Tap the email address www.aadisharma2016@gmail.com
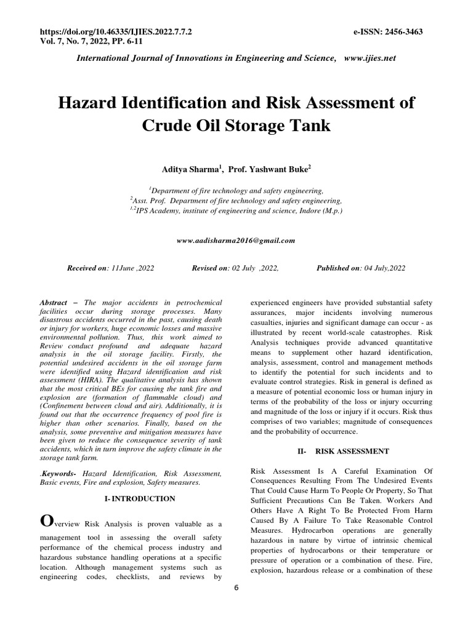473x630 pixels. click(x=236, y=241)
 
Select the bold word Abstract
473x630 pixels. click(x=54, y=303)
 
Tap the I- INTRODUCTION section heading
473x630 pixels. click(x=140, y=498)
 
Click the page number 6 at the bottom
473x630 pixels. click(x=236, y=588)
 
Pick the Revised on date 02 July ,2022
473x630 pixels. click(x=254, y=268)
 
